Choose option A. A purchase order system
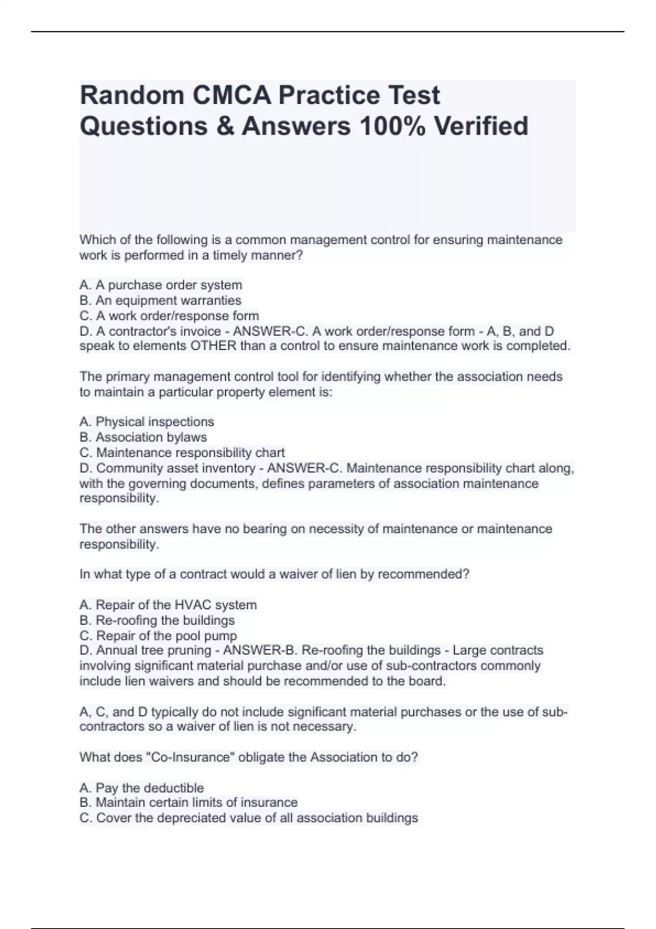161,285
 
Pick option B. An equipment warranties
160,301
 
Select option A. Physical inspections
147,422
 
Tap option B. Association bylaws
143,437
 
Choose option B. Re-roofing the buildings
157,620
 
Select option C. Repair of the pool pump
158,636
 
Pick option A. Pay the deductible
142,788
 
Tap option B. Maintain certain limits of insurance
189,803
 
